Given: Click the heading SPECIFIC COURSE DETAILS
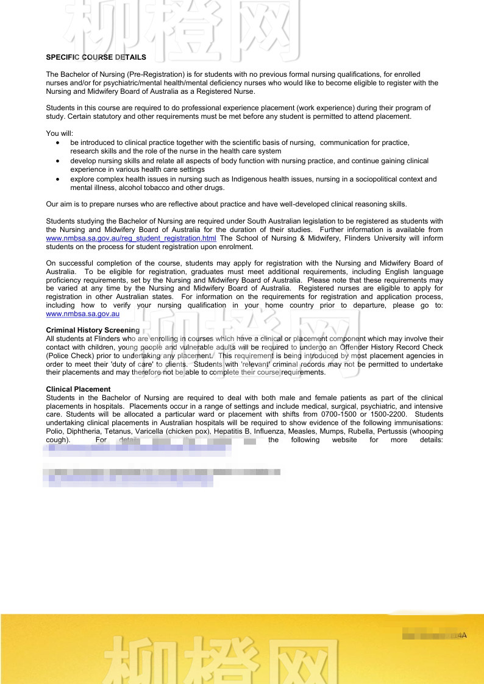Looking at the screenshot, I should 96,57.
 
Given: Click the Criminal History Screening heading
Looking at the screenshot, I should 93,330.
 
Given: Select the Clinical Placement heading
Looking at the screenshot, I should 78,389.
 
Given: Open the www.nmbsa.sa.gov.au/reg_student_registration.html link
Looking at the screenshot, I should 131,238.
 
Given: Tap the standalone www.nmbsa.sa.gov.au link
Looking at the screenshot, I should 82,314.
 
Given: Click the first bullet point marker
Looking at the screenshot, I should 57,143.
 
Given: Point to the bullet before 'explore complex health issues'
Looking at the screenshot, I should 57,180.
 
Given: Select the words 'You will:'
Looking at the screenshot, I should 60,133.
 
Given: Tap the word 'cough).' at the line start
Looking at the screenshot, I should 58,440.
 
